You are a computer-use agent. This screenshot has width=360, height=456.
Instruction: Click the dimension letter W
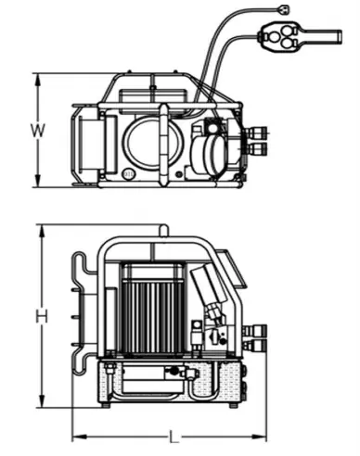pyautogui.click(x=38, y=131)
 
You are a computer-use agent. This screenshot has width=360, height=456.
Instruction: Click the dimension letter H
pyautogui.click(x=42, y=316)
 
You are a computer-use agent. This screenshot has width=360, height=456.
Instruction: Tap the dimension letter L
pyautogui.click(x=174, y=437)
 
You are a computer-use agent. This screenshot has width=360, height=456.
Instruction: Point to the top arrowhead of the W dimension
pyautogui.click(x=38, y=81)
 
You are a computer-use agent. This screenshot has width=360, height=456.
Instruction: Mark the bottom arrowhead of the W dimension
pyautogui.click(x=38, y=181)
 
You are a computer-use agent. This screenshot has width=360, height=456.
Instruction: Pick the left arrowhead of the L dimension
pyautogui.click(x=79, y=437)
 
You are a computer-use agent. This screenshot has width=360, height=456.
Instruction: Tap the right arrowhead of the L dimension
pyautogui.click(x=259, y=437)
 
